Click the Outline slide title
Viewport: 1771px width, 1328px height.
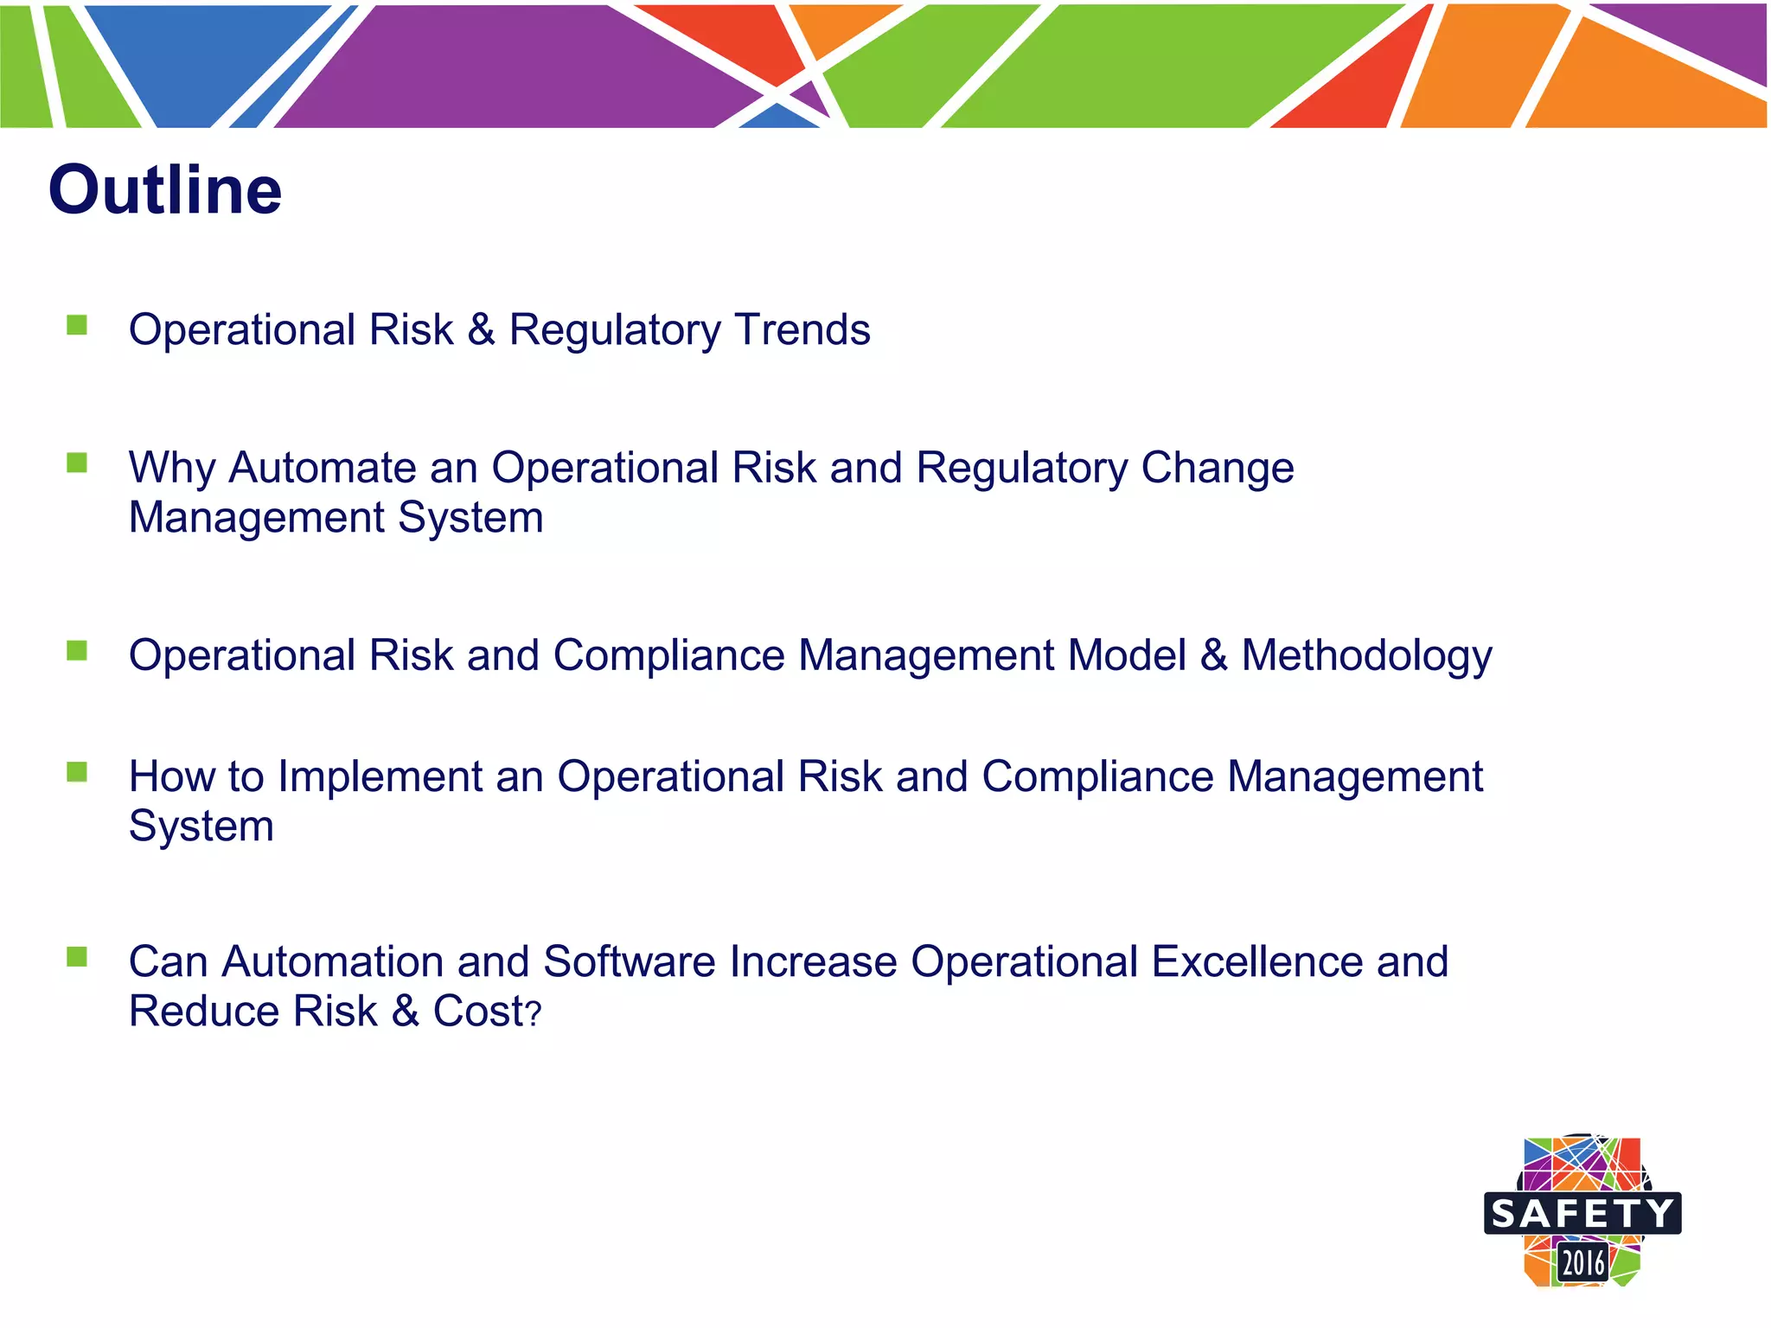coord(164,190)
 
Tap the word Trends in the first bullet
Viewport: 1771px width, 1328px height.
coord(802,329)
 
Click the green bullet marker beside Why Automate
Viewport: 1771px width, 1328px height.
coord(77,463)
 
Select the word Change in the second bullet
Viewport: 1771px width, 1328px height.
coord(1217,468)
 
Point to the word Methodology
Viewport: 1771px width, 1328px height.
coord(1366,655)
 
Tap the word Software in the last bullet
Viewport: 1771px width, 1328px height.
coord(634,961)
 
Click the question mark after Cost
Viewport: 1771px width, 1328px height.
coord(534,1014)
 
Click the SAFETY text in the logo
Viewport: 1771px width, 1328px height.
coord(1582,1214)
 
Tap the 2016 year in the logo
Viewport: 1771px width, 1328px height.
coord(1582,1263)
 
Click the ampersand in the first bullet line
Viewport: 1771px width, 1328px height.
coord(481,329)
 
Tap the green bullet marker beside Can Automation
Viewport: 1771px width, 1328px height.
coord(77,957)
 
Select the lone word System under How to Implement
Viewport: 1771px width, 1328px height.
coord(201,827)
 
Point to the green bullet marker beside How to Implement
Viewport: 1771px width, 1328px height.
coord(77,771)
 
